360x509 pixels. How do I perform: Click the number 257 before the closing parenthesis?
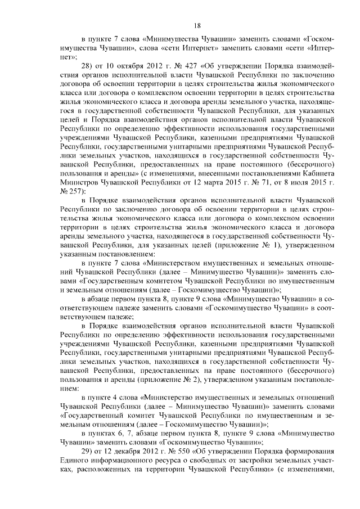76,191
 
